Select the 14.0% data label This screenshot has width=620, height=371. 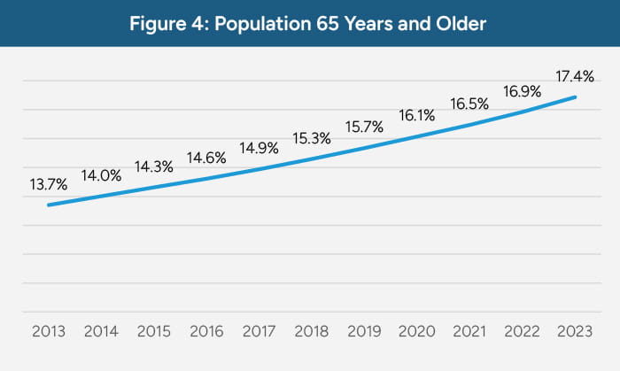[x=101, y=175]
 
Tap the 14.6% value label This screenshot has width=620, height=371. [x=206, y=158]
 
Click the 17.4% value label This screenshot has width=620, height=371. [x=575, y=78]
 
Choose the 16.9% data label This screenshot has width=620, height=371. [x=522, y=90]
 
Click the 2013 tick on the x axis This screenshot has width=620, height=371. [x=48, y=333]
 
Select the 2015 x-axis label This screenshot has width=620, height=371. [x=154, y=333]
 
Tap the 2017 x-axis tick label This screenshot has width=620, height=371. [x=260, y=333]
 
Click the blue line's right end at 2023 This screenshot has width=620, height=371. [x=576, y=97]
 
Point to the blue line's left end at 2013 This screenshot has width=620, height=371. [x=49, y=205]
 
